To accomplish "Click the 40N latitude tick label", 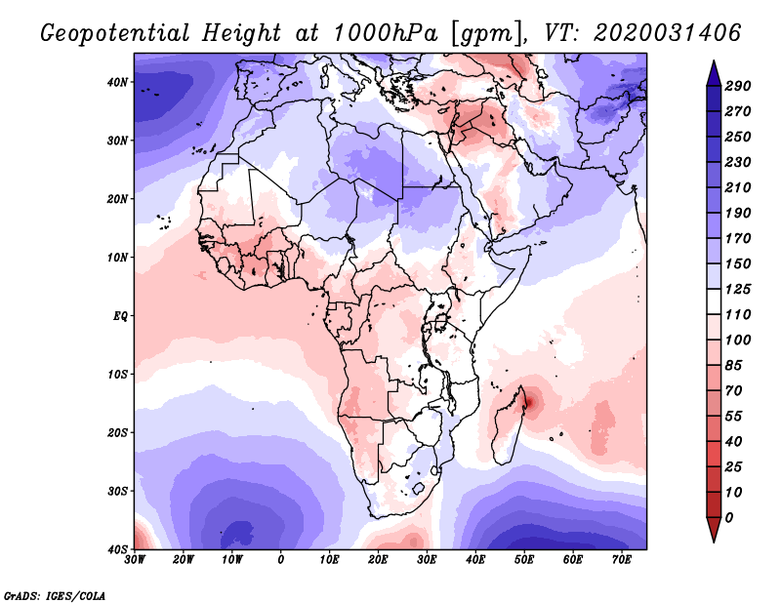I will point(118,82).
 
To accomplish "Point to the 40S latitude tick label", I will point(118,548).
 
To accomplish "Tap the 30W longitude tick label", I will point(136,560).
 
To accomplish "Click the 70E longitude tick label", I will point(621,560).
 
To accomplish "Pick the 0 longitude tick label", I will point(281,560).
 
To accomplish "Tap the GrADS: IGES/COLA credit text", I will point(55,594).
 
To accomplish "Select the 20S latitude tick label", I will point(118,432).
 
